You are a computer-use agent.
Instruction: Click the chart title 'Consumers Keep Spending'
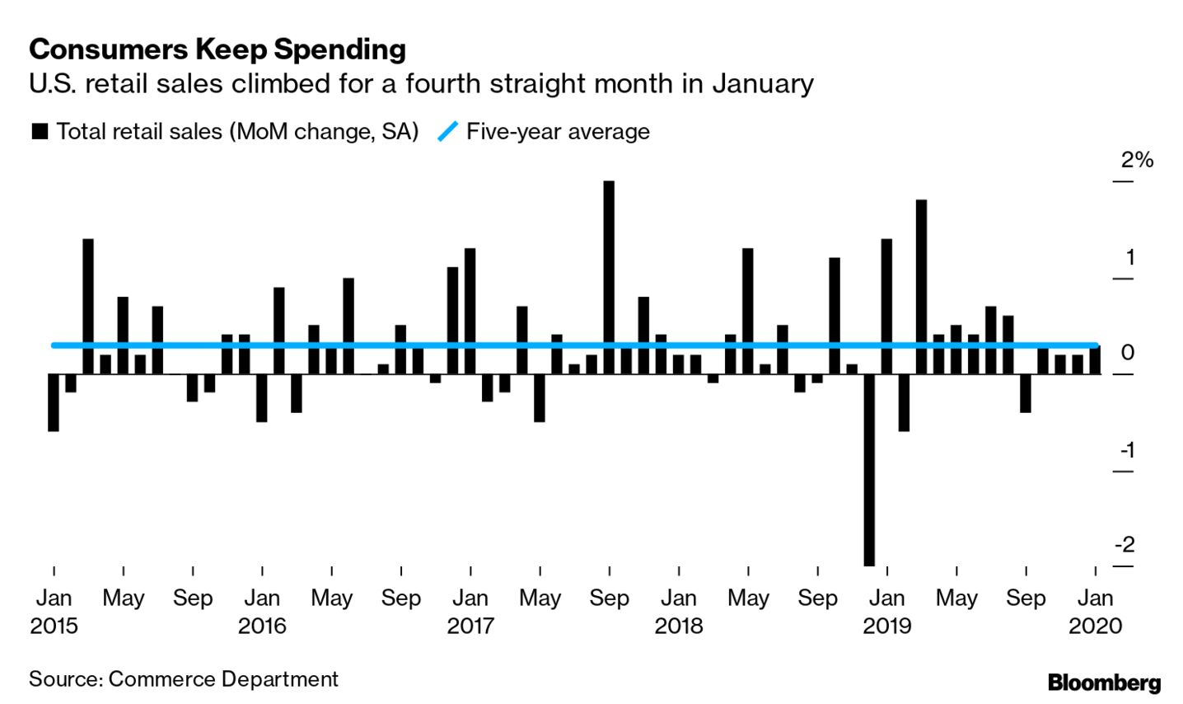pos(217,49)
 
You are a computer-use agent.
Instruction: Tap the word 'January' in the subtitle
pos(762,84)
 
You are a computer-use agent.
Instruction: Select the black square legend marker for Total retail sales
pos(40,132)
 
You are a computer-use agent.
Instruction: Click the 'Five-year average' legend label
pos(558,132)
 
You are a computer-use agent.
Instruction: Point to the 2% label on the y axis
pos(1136,160)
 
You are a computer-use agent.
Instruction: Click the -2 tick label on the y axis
pos(1125,544)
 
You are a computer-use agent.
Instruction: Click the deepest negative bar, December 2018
pos(869,470)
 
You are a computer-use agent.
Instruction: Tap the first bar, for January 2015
pos(54,402)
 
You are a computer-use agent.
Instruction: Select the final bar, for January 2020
pos(1095,360)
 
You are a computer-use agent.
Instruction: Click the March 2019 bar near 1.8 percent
pos(921,286)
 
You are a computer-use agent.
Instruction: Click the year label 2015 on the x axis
pos(54,627)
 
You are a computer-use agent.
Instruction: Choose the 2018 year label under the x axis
pos(679,627)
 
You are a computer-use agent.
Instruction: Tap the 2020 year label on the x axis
pos(1095,627)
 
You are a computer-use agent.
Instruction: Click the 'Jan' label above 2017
pos(470,598)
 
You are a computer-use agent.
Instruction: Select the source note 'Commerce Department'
pos(223,679)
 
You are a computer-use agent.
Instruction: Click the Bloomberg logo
pos(1104,683)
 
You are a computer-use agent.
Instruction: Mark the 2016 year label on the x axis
pos(262,627)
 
